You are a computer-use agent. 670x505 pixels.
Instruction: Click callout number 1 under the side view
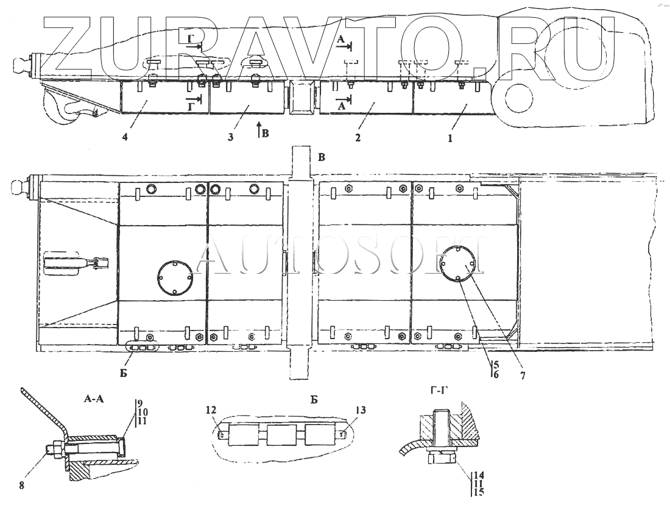pos(450,138)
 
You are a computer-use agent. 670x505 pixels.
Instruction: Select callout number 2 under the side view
pos(358,138)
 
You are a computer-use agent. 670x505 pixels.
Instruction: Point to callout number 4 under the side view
pos(124,138)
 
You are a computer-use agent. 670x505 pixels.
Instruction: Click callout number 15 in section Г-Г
pos(479,491)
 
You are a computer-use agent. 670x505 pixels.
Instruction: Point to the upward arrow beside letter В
pos(259,130)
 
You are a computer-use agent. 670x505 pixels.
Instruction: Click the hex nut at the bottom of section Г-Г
pos(443,457)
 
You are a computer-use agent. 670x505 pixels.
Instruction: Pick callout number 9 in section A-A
pos(139,403)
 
